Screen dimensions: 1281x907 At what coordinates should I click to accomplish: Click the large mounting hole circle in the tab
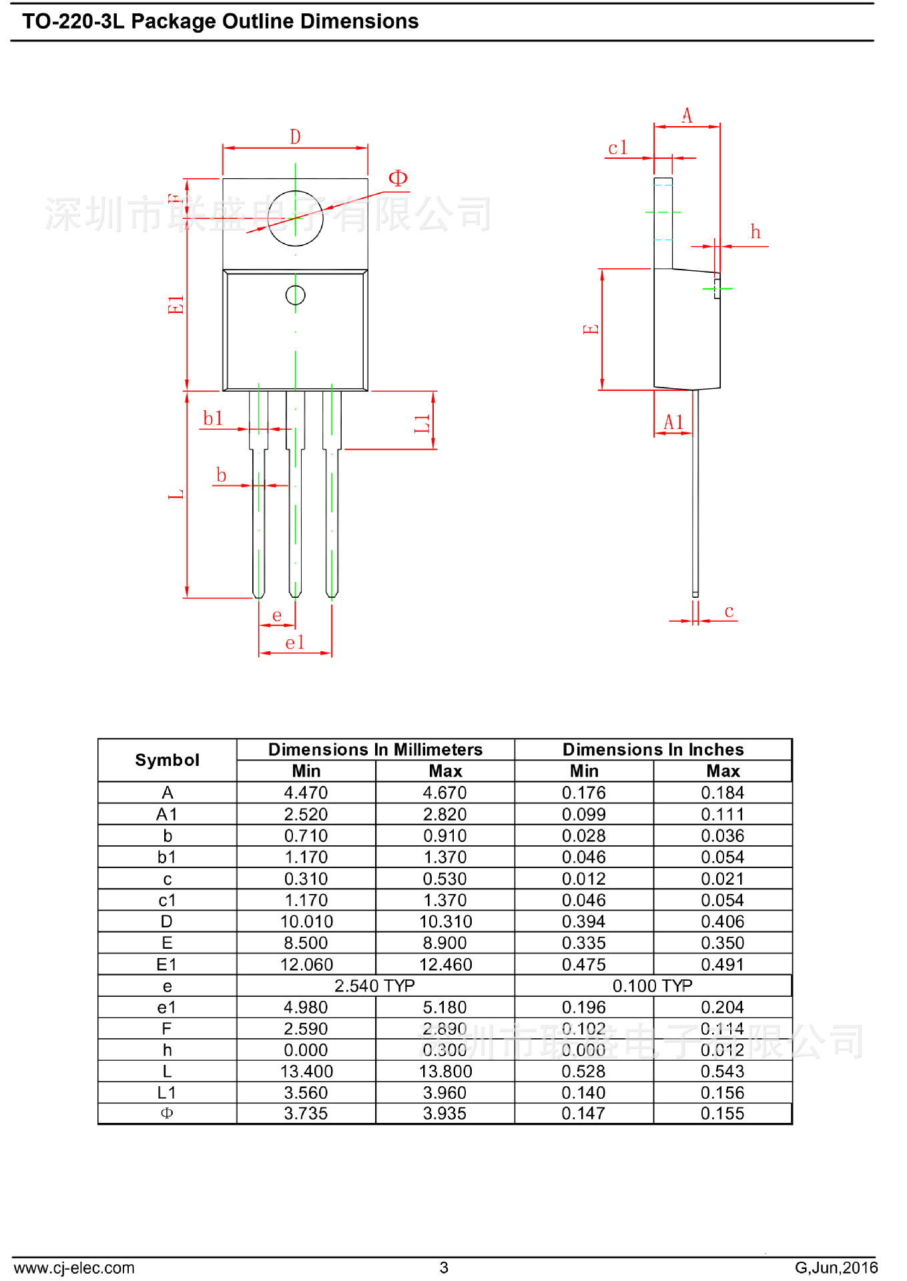[295, 218]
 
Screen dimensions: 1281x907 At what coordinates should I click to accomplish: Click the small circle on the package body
[295, 295]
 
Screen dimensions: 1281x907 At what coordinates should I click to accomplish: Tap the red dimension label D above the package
[295, 137]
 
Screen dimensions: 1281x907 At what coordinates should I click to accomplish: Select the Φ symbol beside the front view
[398, 178]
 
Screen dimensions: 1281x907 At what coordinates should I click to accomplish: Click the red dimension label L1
[422, 423]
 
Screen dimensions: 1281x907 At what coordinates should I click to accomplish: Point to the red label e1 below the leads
[294, 643]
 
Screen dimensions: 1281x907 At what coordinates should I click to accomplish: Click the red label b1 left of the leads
[213, 418]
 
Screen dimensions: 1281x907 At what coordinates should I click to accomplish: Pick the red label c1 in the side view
[617, 147]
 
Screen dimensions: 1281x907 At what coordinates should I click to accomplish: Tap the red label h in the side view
[755, 232]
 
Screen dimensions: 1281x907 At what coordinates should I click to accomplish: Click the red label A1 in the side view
[673, 422]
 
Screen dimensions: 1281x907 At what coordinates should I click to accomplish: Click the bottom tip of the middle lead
[295, 594]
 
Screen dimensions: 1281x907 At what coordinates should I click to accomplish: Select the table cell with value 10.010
[306, 921]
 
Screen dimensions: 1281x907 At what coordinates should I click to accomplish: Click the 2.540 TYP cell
[374, 985]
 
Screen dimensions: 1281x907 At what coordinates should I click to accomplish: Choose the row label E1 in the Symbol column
[167, 964]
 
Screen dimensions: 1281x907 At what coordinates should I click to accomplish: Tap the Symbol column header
[167, 760]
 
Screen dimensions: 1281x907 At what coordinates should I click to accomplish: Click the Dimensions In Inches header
[652, 749]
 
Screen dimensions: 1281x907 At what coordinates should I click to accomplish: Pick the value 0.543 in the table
[722, 1071]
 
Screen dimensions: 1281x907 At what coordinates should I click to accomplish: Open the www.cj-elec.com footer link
[74, 1267]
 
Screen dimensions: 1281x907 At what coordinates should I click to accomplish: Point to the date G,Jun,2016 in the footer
[836, 1267]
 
